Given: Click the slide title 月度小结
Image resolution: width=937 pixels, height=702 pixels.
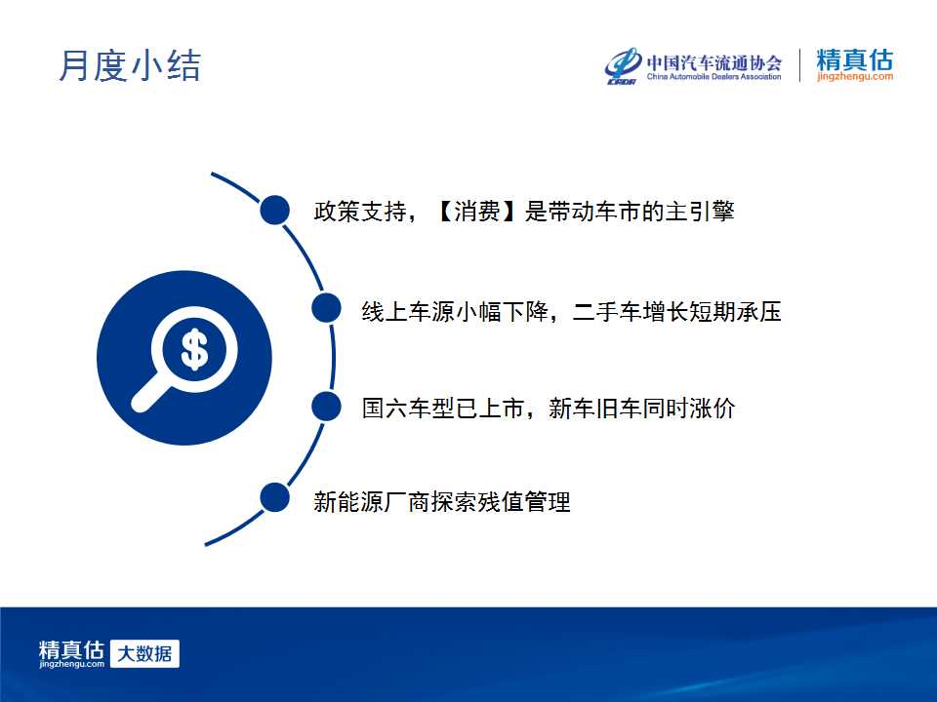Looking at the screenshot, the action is [130, 65].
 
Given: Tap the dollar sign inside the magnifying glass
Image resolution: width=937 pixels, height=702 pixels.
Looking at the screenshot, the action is [194, 350].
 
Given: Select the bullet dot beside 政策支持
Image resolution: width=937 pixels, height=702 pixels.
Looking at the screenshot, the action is [275, 211].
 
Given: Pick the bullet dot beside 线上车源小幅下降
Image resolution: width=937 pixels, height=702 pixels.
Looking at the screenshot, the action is [326, 308].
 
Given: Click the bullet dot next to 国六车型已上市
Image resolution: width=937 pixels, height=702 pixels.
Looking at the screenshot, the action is [326, 407].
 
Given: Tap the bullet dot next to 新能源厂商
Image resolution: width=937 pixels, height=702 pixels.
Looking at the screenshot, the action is [275, 497].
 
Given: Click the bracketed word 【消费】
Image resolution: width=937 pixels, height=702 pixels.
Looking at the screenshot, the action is [476, 211].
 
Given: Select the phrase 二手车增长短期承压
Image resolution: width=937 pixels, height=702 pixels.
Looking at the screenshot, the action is [676, 312].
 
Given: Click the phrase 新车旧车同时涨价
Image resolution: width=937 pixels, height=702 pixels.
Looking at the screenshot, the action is [641, 409].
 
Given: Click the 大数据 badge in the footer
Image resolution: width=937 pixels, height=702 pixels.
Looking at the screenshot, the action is [144, 653].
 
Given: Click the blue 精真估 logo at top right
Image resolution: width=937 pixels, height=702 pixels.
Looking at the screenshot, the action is [855, 59].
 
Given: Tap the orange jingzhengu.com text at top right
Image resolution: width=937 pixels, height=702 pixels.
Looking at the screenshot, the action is [855, 76].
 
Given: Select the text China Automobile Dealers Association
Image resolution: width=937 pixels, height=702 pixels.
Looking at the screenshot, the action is [714, 76].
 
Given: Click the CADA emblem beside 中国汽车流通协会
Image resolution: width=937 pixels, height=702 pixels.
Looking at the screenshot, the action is [623, 65].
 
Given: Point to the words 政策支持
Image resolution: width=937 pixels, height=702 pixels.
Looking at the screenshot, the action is [360, 211].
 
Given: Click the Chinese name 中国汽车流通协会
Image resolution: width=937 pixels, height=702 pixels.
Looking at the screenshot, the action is [714, 62].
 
